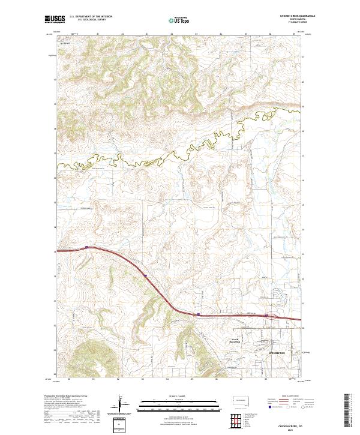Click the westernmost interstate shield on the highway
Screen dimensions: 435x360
(87, 247)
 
